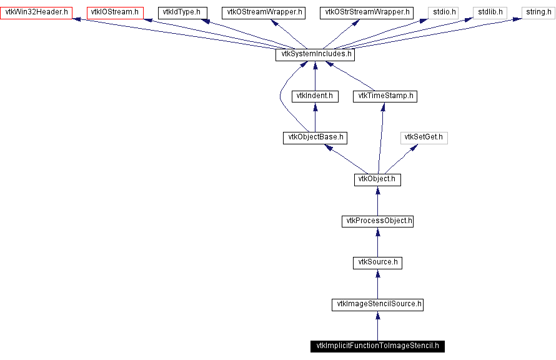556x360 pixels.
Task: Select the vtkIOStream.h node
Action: click(x=116, y=12)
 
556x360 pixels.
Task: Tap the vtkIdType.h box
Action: click(x=182, y=12)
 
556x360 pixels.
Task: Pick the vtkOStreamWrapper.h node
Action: click(x=263, y=12)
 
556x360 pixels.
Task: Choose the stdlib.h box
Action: click(x=490, y=12)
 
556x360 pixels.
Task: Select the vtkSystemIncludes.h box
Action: click(x=315, y=54)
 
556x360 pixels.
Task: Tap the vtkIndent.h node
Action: click(x=315, y=96)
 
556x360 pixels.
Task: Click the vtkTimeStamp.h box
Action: click(x=384, y=96)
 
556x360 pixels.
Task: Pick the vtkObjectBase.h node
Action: click(x=315, y=137)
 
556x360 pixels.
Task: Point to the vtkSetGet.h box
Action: click(x=424, y=137)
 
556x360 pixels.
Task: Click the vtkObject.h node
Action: click(x=377, y=179)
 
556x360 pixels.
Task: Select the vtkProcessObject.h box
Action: click(x=377, y=221)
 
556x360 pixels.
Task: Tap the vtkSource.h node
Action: click(x=377, y=262)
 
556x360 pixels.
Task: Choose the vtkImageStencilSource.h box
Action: click(x=377, y=304)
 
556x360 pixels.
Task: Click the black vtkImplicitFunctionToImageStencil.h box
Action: click(x=377, y=346)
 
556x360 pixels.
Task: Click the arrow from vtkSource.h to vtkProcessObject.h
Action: click(x=377, y=242)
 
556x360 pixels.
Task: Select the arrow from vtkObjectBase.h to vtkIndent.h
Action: click(x=315, y=117)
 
